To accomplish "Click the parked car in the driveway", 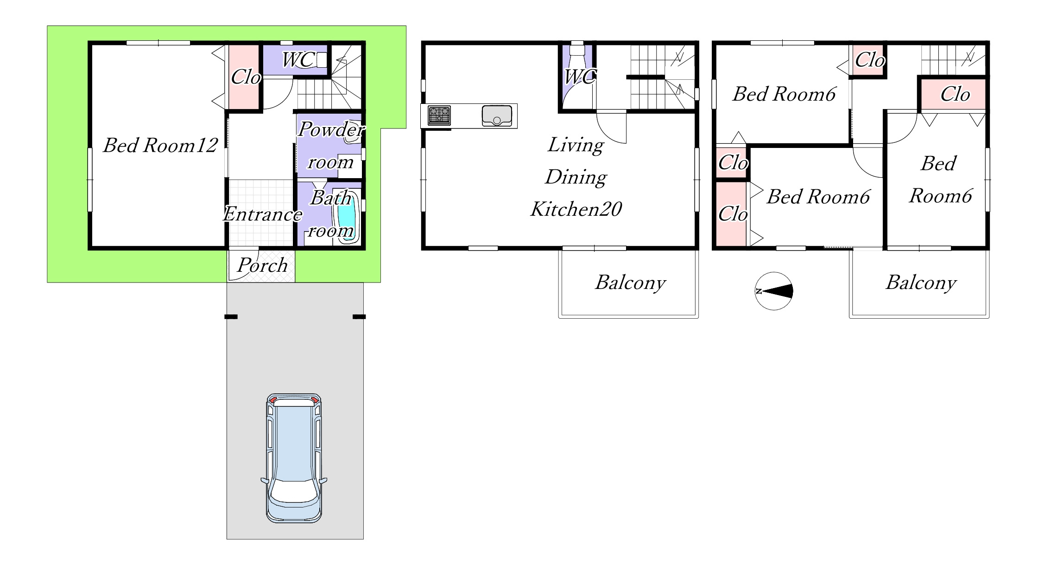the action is pyautogui.click(x=294, y=458).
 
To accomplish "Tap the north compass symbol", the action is pyautogui.click(x=774, y=291).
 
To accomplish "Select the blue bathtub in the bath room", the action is pyautogui.click(x=346, y=217).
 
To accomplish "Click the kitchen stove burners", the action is pyautogui.click(x=439, y=116).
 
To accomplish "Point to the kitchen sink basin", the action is pyautogui.click(x=497, y=116).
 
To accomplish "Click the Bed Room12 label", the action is pyautogui.click(x=160, y=145).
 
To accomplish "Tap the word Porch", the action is pyautogui.click(x=262, y=265).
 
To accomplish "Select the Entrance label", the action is pyautogui.click(x=262, y=214).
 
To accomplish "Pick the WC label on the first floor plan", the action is pyautogui.click(x=298, y=60).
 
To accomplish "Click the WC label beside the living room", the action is pyautogui.click(x=580, y=77).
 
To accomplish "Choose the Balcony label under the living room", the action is pyautogui.click(x=631, y=282).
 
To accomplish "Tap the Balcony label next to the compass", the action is pyautogui.click(x=921, y=282).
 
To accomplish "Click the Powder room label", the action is pyautogui.click(x=331, y=145).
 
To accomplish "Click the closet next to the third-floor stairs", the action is pyautogui.click(x=868, y=60).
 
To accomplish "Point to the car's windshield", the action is pyautogui.click(x=294, y=492).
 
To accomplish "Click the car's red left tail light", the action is pyautogui.click(x=273, y=400).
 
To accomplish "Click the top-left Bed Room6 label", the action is pyautogui.click(x=784, y=94).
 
